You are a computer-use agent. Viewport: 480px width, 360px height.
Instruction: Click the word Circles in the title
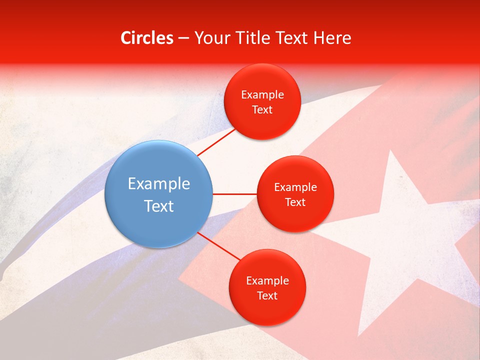coord(147,38)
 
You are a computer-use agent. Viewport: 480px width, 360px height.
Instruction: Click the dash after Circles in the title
coord(183,38)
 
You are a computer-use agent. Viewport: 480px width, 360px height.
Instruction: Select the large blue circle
coord(158,194)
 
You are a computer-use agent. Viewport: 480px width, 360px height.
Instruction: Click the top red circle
coord(262,101)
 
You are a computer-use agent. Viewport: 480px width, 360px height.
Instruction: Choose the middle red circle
coord(295,194)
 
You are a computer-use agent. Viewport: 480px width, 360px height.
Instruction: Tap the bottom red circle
coord(267,287)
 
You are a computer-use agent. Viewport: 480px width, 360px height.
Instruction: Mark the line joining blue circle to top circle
coord(216,141)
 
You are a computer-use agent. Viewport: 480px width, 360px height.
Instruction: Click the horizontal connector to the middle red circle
coord(234,193)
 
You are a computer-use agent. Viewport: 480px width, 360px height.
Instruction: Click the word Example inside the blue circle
coord(159,183)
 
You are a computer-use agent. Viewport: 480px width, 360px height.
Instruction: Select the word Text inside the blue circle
coord(159,206)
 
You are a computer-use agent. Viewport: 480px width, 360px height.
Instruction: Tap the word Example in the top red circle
coord(262,94)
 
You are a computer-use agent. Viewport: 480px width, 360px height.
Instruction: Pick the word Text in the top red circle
coord(262,109)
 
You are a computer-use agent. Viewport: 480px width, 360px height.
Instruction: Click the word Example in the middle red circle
coord(295,187)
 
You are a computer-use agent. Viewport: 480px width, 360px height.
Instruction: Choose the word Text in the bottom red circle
coord(267,295)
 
